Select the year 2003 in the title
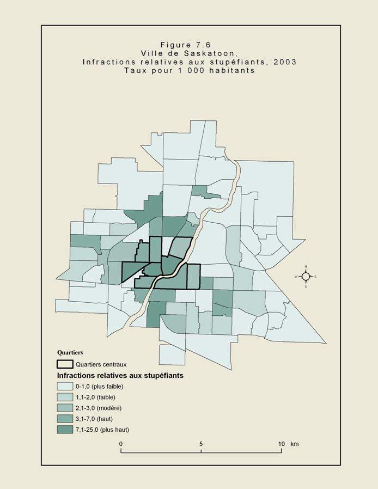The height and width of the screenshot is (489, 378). (285, 62)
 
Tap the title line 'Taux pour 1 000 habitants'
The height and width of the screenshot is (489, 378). (189, 70)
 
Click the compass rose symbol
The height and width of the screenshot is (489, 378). (306, 276)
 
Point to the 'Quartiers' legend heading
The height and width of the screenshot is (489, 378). (70, 352)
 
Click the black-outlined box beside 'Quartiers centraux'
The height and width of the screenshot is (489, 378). (65, 364)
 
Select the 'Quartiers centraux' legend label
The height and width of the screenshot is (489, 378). (101, 364)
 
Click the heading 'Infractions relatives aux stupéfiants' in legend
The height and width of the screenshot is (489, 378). (120, 375)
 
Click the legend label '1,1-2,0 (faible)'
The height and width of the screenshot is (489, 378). (95, 397)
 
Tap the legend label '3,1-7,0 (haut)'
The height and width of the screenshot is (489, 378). (94, 419)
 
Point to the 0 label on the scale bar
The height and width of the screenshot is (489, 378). (121, 444)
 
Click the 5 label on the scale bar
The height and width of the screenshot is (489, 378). (201, 444)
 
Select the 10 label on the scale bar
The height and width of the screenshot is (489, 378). (281, 444)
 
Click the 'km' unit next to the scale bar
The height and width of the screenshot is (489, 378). (294, 444)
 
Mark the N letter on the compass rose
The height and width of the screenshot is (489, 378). (306, 267)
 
